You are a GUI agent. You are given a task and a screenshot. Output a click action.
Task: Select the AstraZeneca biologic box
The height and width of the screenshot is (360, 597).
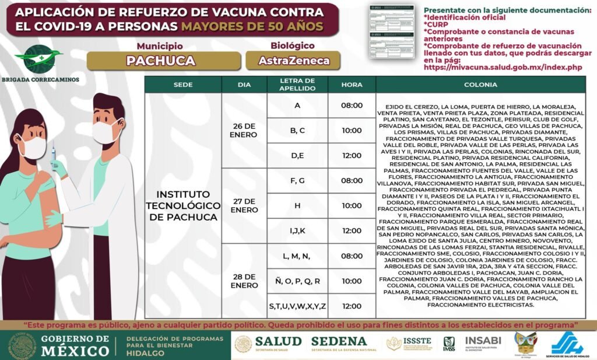(x=294, y=60)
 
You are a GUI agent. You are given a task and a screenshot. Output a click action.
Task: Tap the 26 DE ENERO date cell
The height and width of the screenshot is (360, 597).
(x=244, y=131)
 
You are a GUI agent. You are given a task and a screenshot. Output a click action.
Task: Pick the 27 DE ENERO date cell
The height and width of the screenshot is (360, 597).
(x=244, y=205)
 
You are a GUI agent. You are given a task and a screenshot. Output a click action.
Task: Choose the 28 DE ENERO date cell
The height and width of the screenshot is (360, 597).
(x=244, y=281)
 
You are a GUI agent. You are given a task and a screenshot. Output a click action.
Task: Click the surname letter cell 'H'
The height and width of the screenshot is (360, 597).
(x=297, y=205)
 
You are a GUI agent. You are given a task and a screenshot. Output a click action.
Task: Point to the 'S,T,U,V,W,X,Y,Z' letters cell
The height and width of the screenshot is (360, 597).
(x=297, y=306)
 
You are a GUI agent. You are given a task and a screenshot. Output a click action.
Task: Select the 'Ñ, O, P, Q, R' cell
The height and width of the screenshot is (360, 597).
(x=297, y=281)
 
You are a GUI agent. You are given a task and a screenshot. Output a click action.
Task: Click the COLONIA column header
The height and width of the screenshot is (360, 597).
(x=480, y=85)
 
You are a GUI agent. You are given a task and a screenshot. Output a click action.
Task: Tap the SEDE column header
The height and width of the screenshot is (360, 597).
(x=182, y=85)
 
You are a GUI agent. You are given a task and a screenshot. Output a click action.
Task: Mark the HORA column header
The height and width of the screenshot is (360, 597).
(x=352, y=85)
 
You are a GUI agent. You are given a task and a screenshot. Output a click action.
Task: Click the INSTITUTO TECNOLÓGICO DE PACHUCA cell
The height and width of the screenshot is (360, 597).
(x=182, y=205)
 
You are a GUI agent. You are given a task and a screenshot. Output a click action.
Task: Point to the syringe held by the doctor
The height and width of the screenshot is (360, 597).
(x=54, y=156)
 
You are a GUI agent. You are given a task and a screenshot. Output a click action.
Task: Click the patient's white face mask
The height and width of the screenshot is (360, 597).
(x=33, y=146)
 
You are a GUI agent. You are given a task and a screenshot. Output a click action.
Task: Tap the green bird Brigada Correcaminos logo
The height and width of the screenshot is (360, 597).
(x=38, y=58)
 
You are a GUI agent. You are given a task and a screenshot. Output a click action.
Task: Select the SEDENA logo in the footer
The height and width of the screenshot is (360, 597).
(x=338, y=342)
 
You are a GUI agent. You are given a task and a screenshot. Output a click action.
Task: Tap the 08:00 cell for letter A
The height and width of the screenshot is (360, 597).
(x=352, y=106)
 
